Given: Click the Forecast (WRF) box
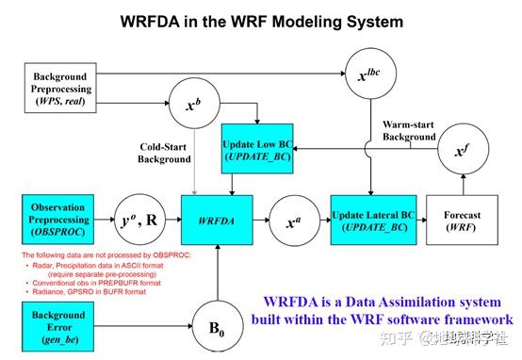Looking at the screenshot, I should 461,219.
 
